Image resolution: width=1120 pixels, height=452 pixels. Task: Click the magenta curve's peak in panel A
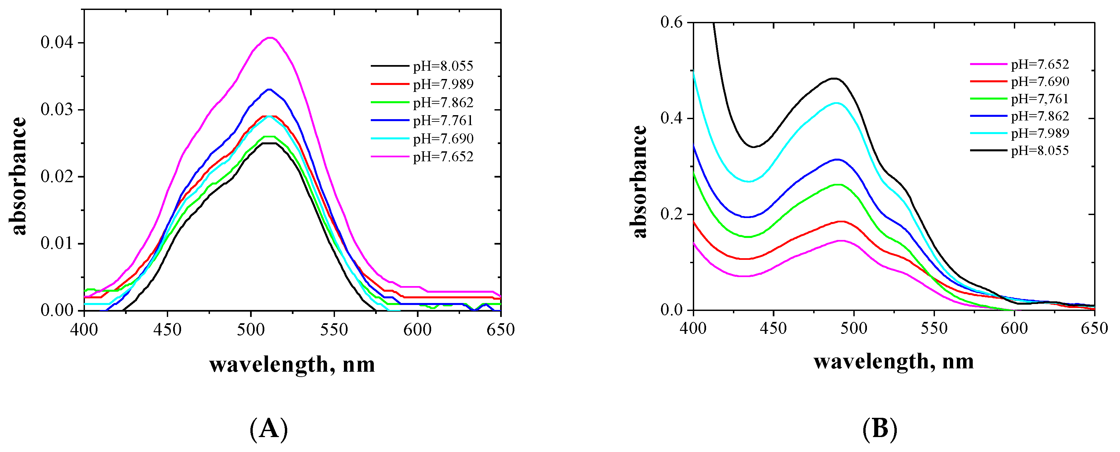270,38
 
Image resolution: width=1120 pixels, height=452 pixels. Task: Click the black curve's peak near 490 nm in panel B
833,78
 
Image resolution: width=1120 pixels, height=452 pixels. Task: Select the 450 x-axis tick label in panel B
773,328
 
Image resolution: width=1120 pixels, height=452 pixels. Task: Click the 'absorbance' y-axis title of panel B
639,182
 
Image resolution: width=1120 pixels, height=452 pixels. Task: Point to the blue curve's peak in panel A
269,90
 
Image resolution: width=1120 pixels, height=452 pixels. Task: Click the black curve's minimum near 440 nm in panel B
754,147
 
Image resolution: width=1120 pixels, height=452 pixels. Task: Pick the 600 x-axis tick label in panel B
1014,328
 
